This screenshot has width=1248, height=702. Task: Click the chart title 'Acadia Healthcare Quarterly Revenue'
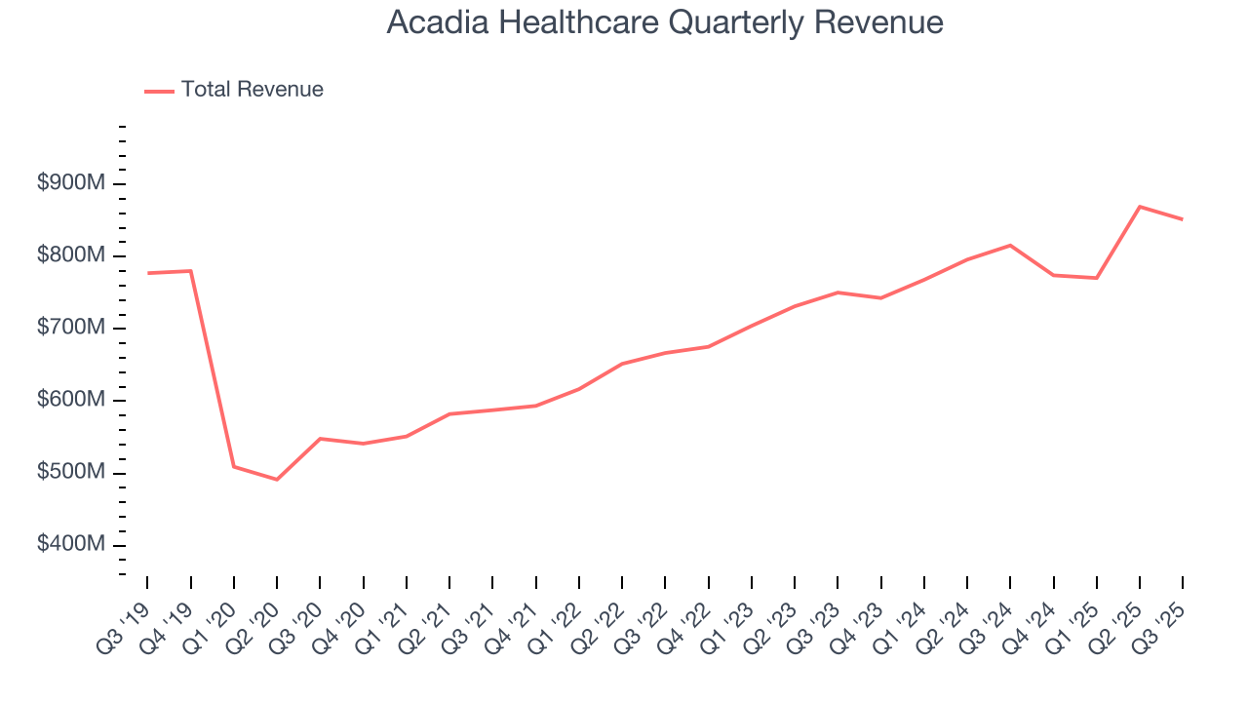click(664, 22)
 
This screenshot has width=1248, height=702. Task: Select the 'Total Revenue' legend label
click(252, 90)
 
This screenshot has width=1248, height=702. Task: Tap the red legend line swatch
click(159, 91)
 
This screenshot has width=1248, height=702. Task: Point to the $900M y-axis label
click(71, 184)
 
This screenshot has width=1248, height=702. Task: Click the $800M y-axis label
click(71, 256)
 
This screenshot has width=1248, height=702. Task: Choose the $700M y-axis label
click(71, 329)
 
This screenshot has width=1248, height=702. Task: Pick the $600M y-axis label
click(71, 401)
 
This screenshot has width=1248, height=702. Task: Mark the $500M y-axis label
click(71, 473)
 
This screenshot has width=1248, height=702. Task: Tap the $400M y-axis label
click(71, 545)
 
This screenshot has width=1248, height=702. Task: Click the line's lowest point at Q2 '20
click(277, 480)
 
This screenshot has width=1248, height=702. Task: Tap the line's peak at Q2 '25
click(1140, 207)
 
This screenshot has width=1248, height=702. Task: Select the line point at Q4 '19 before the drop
click(191, 271)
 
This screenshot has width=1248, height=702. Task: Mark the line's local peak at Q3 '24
click(1010, 245)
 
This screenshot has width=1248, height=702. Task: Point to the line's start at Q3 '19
click(147, 273)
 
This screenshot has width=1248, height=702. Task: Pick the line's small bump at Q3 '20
click(320, 439)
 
